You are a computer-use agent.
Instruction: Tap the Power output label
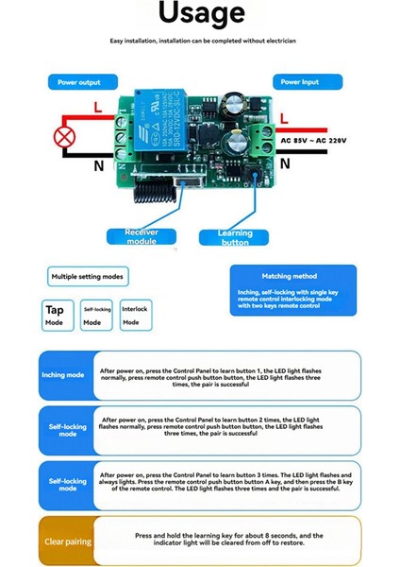[78, 82]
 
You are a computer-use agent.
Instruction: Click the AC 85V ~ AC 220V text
[314, 140]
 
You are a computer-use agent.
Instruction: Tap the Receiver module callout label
[141, 236]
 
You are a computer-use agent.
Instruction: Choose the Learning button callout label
[235, 237]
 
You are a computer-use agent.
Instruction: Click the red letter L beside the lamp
[99, 108]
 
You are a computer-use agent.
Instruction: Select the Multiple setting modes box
[88, 276]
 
